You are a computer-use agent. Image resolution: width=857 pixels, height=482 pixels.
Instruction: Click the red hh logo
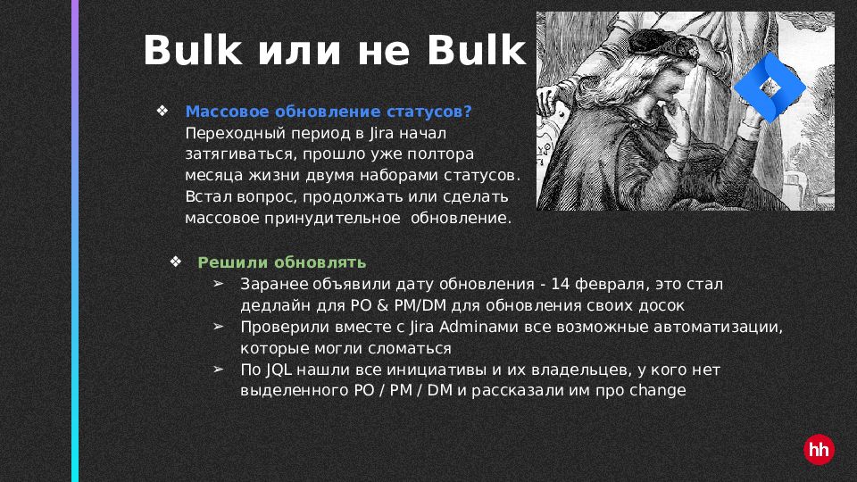pos(819,450)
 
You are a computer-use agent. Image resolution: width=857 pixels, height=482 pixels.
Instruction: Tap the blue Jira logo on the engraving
pos(770,87)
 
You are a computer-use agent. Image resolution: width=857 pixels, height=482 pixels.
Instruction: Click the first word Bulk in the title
pos(193,50)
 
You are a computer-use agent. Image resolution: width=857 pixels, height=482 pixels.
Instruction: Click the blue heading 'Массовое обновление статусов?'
pos(329,112)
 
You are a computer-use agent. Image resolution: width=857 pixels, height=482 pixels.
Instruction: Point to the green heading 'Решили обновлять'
pos(281,262)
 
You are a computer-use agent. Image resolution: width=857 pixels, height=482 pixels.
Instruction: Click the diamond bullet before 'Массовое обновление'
pos(162,111)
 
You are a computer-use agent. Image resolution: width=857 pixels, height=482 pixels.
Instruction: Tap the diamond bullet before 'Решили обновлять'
pos(176,262)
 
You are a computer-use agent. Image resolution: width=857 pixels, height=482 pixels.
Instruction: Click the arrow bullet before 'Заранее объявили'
pos(219,284)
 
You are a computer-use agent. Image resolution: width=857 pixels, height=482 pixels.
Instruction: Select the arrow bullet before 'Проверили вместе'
pos(219,327)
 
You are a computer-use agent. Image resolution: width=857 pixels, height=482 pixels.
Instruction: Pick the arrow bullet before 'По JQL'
pos(219,370)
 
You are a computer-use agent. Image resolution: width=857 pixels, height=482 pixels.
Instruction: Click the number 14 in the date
pos(561,284)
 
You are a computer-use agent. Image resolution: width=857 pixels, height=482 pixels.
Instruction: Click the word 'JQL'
pos(279,370)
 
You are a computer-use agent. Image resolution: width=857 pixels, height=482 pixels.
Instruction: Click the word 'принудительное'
pos(333,219)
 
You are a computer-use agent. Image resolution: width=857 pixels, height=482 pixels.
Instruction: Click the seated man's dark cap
pos(660,45)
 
